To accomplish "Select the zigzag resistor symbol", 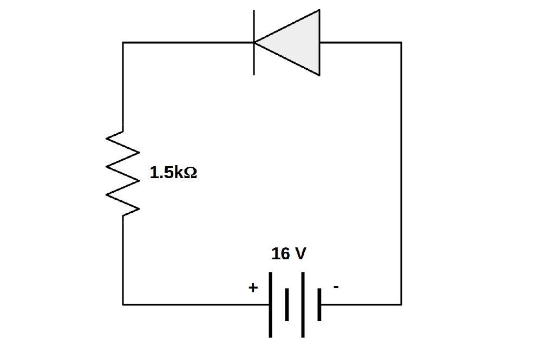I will click(x=124, y=173).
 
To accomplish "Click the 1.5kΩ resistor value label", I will click(x=173, y=173).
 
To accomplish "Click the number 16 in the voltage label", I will click(x=280, y=254).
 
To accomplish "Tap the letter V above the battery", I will click(x=300, y=254).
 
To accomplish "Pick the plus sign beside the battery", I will click(x=252, y=288).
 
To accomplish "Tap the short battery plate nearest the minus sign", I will click(x=320, y=304).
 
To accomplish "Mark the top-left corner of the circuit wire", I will click(x=123, y=42).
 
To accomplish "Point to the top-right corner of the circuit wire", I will click(x=401, y=42).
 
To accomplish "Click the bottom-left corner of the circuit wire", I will click(x=123, y=304).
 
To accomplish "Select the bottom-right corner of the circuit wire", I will click(x=401, y=304).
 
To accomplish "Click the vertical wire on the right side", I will click(x=401, y=173).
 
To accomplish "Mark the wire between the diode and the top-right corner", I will click(x=361, y=42).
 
